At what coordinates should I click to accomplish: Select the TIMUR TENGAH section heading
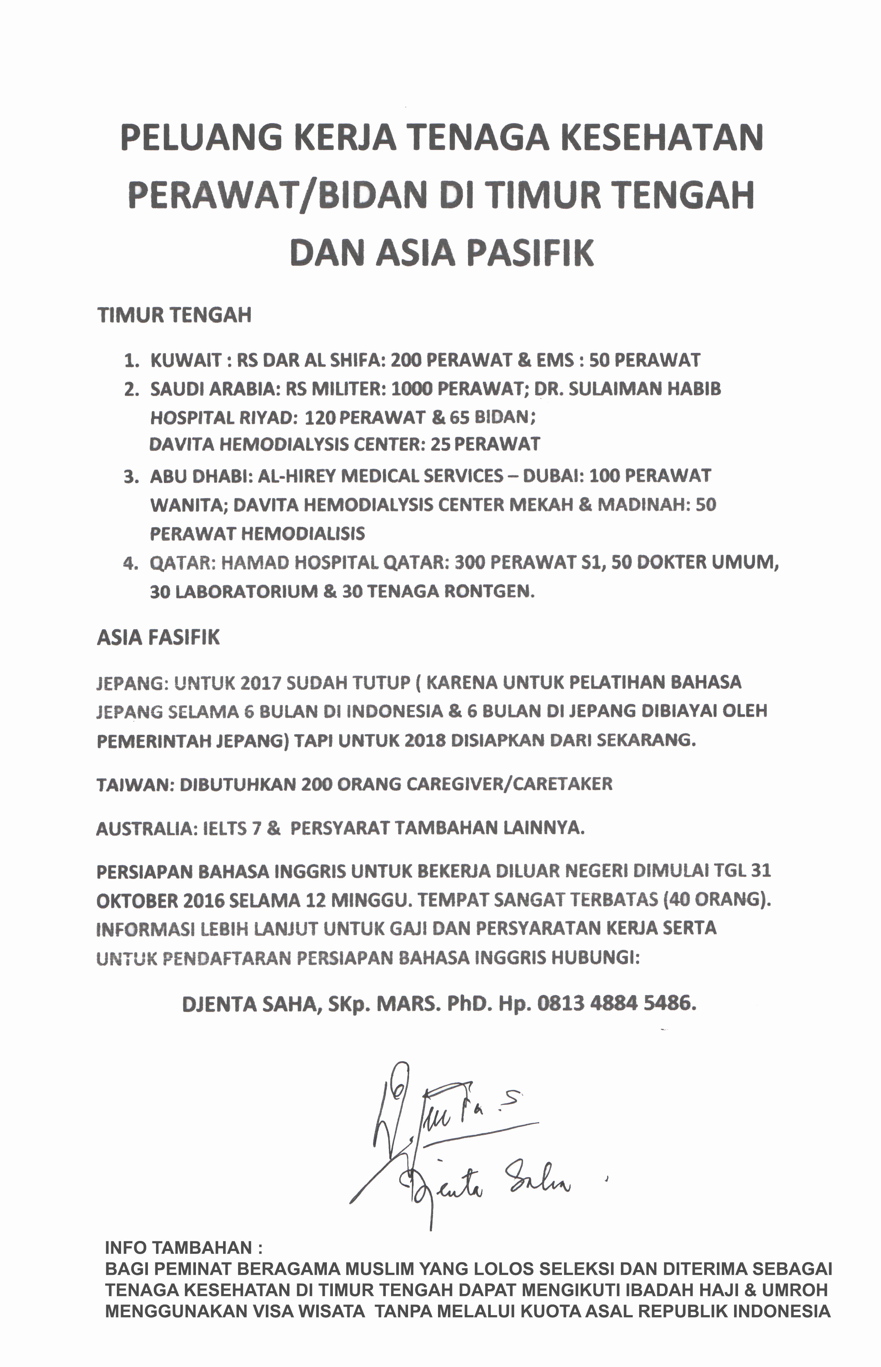point(174,315)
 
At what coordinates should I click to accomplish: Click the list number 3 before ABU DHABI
point(131,476)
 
